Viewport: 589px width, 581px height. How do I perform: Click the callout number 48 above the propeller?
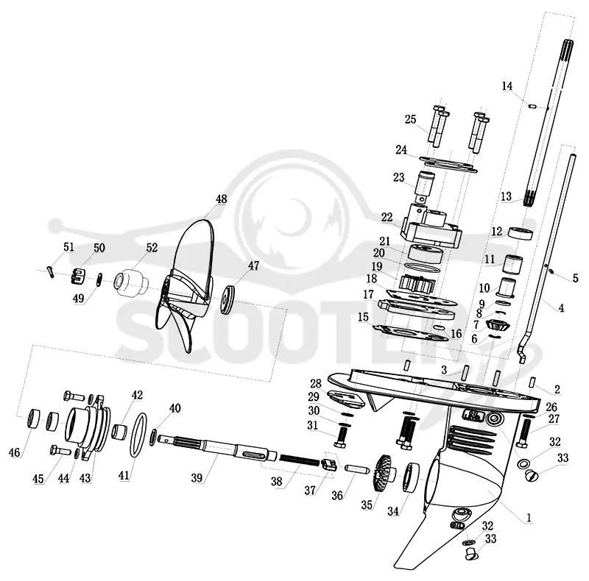coord(222,199)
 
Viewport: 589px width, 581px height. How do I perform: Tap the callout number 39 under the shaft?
coord(197,478)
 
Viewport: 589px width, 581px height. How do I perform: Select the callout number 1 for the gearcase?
coord(529,518)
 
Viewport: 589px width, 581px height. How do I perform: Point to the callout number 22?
coord(387,217)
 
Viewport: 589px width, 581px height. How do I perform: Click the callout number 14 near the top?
coord(507,86)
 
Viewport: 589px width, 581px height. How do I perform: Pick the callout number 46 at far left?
coord(14,452)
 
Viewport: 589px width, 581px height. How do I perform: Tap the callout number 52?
coord(152,248)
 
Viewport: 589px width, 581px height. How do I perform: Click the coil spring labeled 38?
coord(300,460)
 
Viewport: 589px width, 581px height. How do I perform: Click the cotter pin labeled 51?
coord(51,272)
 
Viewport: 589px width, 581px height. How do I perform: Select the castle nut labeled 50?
coord(77,277)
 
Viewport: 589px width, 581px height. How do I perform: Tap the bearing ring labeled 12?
coord(521,232)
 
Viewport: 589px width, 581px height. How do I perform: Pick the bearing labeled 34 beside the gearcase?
coord(412,478)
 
